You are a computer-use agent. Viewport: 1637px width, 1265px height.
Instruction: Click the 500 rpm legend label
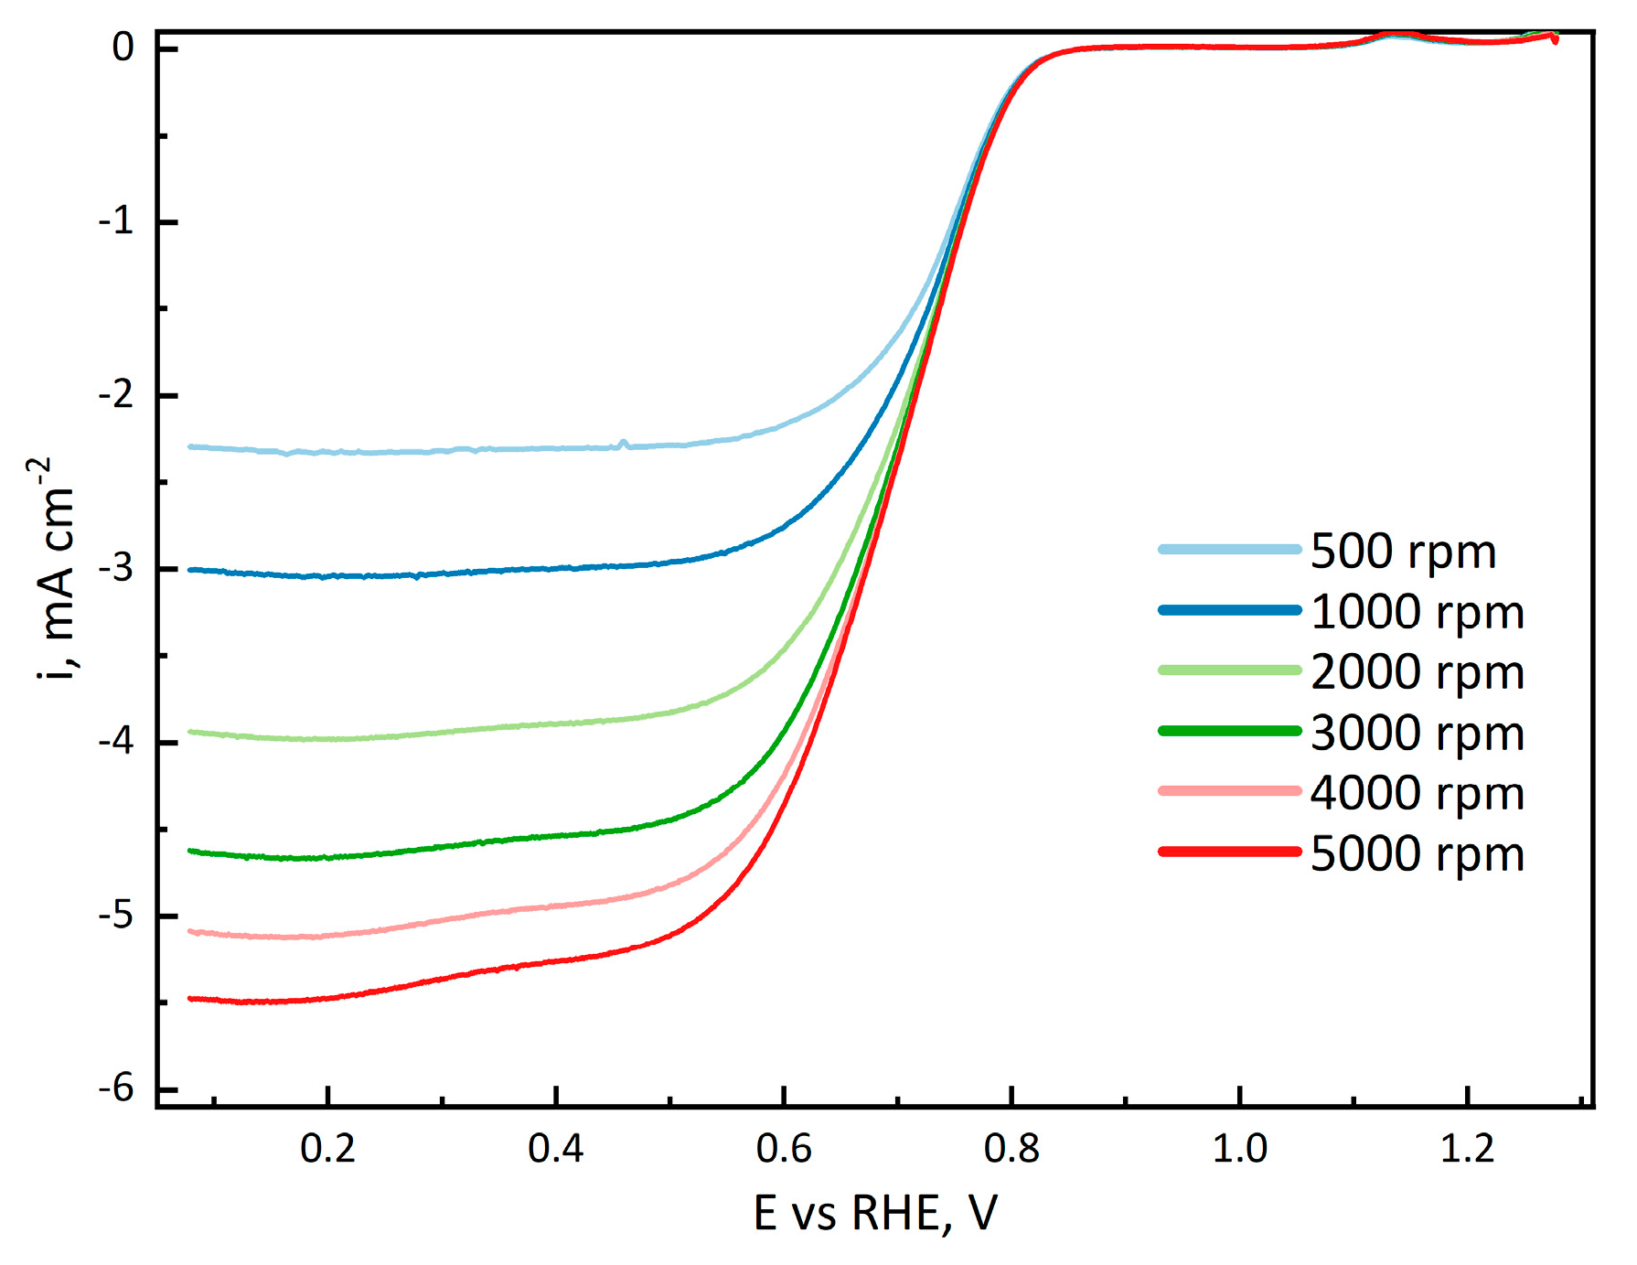point(1403,552)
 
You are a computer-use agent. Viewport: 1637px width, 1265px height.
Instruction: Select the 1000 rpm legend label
point(1417,612)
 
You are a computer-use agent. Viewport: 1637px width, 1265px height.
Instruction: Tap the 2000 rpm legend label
point(1417,672)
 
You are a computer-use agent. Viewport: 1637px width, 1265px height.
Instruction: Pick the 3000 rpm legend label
point(1417,733)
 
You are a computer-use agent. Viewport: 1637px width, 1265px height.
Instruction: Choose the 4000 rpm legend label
point(1417,793)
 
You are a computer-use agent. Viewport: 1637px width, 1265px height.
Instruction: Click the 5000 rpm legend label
point(1417,853)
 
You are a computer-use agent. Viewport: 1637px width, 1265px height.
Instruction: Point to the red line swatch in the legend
point(1229,852)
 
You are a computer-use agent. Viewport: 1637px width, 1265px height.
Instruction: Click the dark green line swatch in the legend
point(1229,731)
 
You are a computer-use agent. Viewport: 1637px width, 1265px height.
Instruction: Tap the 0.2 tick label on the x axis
point(327,1149)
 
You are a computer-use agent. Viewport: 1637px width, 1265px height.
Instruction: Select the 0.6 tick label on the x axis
point(784,1149)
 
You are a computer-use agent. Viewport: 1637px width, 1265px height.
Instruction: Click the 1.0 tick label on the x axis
point(1239,1149)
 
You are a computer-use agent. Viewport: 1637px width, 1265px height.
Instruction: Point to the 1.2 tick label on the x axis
point(1467,1149)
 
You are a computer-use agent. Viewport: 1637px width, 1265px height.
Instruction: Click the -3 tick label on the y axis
point(116,569)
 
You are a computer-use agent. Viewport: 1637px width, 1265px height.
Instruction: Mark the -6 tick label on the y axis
point(116,1088)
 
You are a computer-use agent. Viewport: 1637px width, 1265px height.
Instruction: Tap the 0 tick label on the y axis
point(123,47)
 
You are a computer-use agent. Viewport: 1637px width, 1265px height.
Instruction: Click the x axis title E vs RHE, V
point(875,1214)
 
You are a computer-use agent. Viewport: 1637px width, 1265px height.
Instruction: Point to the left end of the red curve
point(190,999)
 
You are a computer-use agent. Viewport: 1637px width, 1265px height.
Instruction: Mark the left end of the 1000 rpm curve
point(190,570)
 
